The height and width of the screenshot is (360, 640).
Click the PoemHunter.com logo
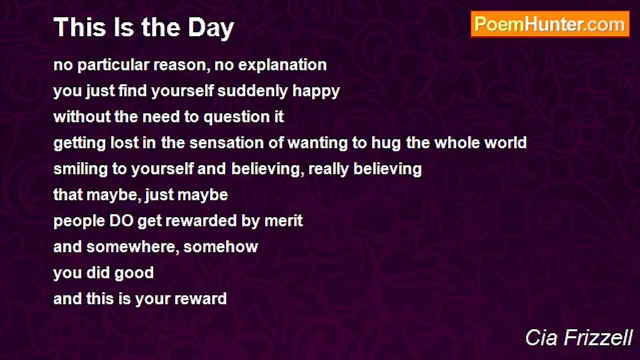pyautogui.click(x=550, y=24)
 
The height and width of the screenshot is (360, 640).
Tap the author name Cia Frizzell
pyautogui.click(x=579, y=337)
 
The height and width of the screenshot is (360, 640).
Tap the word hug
pyautogui.click(x=386, y=143)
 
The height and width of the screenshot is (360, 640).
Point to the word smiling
pyautogui.click(x=79, y=169)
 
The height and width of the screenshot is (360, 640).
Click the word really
pyautogui.click(x=328, y=169)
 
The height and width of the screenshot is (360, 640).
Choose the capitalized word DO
pyautogui.click(x=121, y=221)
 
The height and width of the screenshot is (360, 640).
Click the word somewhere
pyautogui.click(x=131, y=247)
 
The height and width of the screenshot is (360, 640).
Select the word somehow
pyautogui.click(x=220, y=247)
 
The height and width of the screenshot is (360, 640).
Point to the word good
pyautogui.click(x=134, y=273)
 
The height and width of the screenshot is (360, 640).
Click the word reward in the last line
pyautogui.click(x=200, y=299)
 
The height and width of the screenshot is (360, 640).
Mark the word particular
pyautogui.click(x=113, y=65)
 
